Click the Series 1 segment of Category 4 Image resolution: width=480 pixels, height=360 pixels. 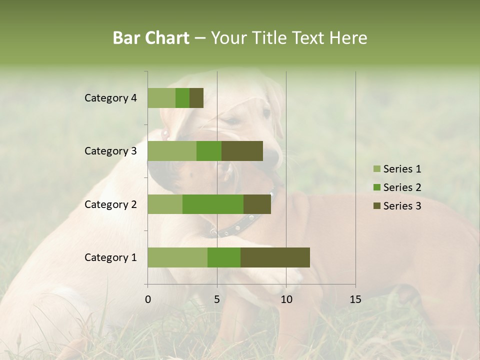pyautogui.click(x=161, y=98)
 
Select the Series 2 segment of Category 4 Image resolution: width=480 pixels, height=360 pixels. pyautogui.click(x=182, y=98)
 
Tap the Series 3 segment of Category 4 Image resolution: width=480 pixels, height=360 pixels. pyautogui.click(x=196, y=98)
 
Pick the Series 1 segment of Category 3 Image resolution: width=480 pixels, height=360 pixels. pyautogui.click(x=172, y=151)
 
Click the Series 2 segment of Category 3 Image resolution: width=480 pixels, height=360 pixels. pyautogui.click(x=209, y=151)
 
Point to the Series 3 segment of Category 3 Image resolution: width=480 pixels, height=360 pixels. pyautogui.click(x=242, y=151)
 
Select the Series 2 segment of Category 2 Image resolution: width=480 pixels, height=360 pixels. pyautogui.click(x=213, y=204)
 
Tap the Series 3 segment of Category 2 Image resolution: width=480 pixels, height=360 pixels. pyautogui.click(x=257, y=204)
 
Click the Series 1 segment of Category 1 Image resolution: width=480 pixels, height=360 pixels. pyautogui.click(x=177, y=257)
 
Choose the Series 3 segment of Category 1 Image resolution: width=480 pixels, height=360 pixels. pyautogui.click(x=275, y=257)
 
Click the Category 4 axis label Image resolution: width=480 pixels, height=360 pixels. pyautogui.click(x=110, y=98)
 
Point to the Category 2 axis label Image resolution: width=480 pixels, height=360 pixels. pyautogui.click(x=110, y=204)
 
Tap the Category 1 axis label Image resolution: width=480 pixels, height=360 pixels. pyautogui.click(x=110, y=257)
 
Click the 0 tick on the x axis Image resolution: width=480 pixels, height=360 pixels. pyautogui.click(x=148, y=299)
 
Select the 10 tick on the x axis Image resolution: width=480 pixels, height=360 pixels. pyautogui.click(x=286, y=299)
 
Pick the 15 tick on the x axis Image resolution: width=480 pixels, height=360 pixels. pyautogui.click(x=355, y=299)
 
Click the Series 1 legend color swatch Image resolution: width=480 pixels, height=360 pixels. pyautogui.click(x=376, y=169)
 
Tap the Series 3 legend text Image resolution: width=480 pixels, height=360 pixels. pyautogui.click(x=402, y=206)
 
